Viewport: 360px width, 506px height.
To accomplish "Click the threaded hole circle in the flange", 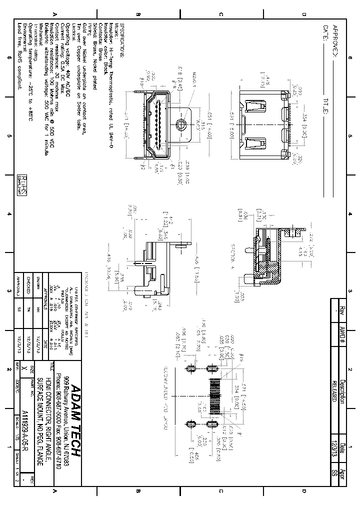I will [x=181, y=124].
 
